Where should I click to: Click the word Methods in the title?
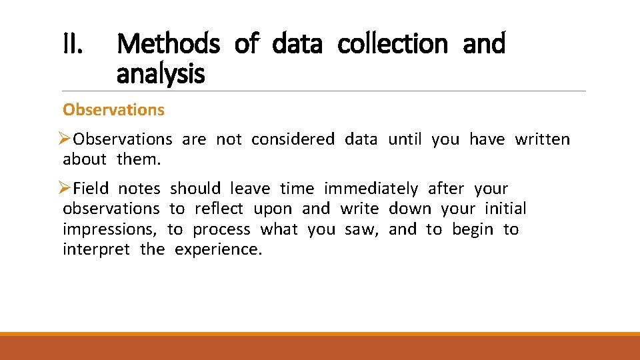point(168,44)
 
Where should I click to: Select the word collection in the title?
point(393,44)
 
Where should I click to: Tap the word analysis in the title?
point(160,74)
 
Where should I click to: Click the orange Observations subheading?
point(113,110)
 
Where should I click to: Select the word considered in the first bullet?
point(293,139)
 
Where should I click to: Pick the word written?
point(542,139)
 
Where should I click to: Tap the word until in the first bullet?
point(404,139)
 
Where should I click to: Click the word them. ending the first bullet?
point(139,159)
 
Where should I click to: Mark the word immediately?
point(371,189)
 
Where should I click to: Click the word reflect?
point(219,209)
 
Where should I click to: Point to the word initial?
point(505,209)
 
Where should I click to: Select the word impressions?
point(110,229)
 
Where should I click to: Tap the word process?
point(221,229)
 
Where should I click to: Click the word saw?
point(361,229)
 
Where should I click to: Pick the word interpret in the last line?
point(96,249)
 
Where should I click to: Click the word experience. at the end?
point(219,249)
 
